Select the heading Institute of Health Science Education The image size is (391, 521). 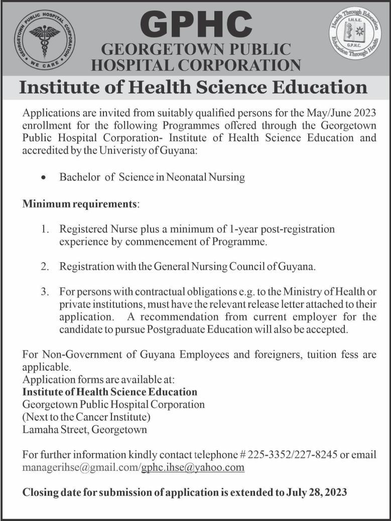point(193,87)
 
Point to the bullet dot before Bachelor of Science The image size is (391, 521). point(45,177)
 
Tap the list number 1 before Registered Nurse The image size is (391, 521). point(45,229)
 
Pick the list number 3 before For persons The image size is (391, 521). point(45,292)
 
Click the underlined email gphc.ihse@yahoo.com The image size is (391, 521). point(193,467)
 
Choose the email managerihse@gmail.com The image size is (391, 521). point(80,467)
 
